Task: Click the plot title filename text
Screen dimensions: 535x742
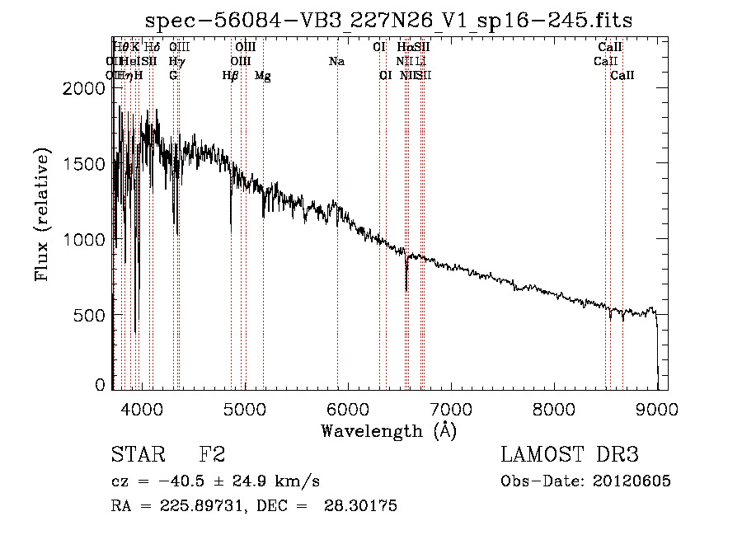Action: pos(388,21)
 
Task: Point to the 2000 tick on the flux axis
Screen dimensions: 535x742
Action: pos(86,88)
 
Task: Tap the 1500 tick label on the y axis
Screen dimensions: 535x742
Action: pos(86,163)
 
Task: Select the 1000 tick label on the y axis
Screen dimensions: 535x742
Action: pos(86,239)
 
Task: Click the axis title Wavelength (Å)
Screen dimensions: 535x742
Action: pos(388,430)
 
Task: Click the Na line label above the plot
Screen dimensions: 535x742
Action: pos(336,61)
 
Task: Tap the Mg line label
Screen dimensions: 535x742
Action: pos(263,76)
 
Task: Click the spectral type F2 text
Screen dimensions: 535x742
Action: pos(212,455)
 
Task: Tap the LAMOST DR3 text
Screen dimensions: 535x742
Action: pos(569,455)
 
